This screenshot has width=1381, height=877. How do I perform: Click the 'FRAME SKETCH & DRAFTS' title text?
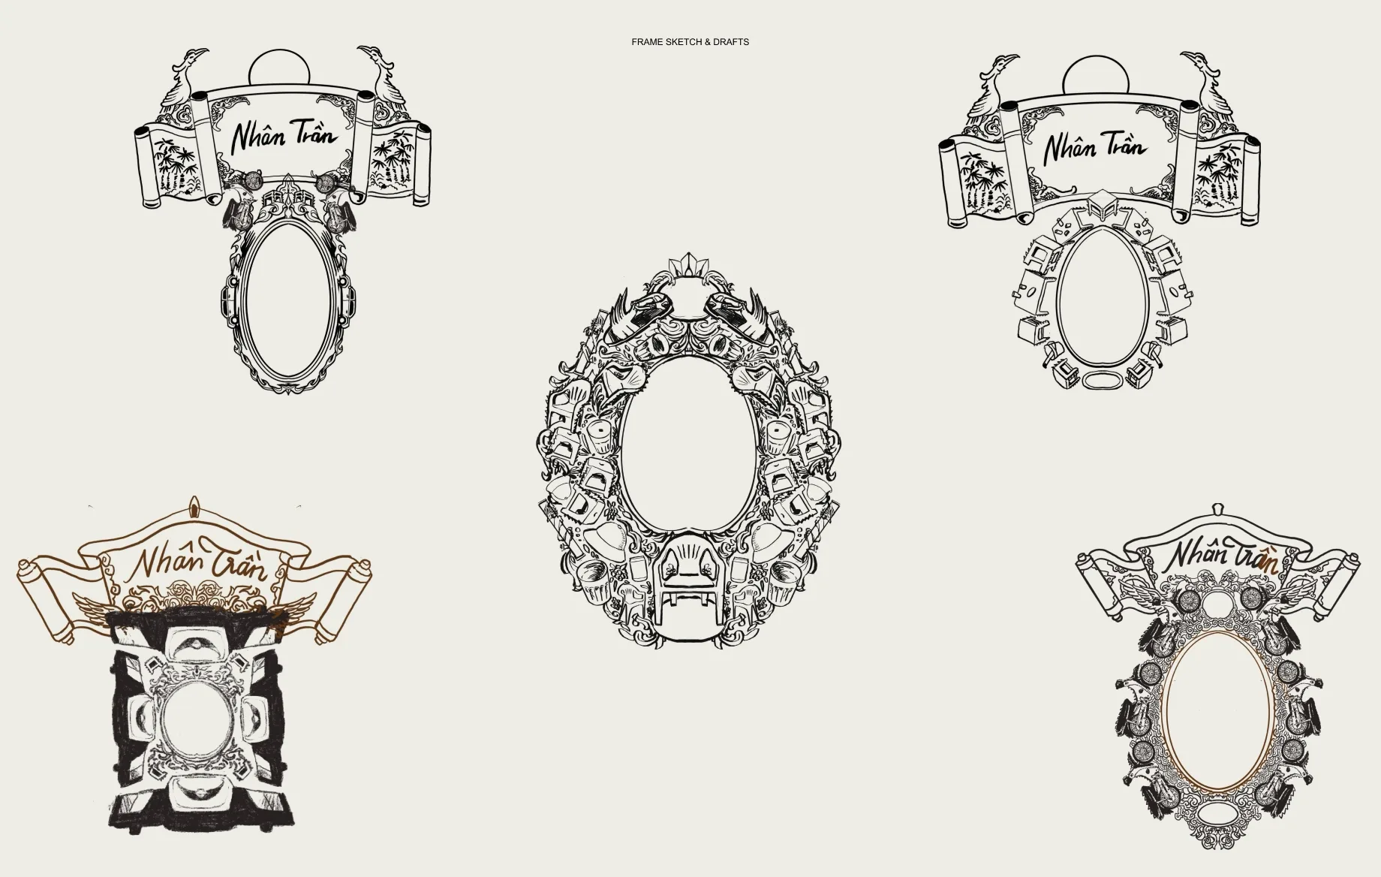pos(690,42)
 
